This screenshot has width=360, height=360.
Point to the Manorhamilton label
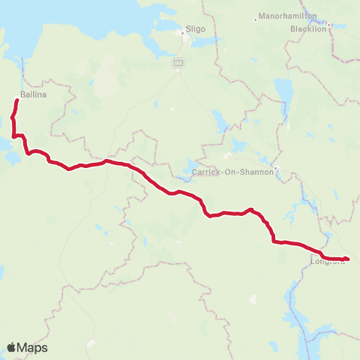(288, 16)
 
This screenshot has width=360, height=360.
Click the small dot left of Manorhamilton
(257, 17)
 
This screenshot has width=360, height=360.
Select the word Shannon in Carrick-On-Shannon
(257, 172)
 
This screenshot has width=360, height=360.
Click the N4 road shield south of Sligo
(179, 64)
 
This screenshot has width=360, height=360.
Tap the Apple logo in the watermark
(12, 347)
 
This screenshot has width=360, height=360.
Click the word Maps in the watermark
(33, 348)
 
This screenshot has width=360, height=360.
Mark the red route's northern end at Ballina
(17, 100)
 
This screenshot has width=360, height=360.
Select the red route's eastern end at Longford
(348, 259)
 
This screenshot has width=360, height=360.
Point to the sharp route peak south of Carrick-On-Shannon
(251, 209)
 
